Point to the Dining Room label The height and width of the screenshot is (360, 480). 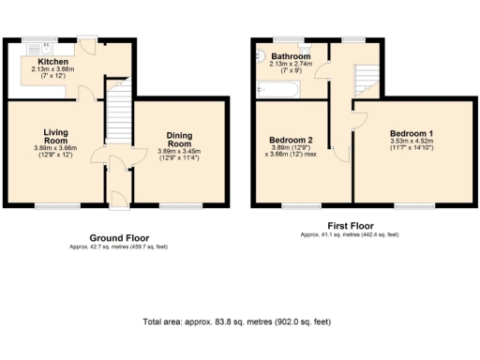tap(179, 141)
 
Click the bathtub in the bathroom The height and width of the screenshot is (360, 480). tap(277, 90)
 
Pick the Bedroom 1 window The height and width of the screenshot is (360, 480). tap(407, 204)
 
